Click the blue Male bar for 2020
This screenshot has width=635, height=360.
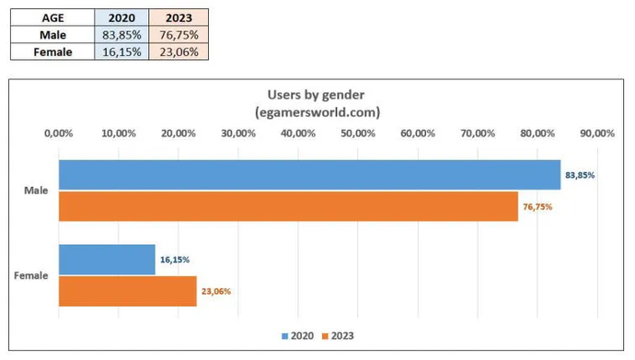pos(309,175)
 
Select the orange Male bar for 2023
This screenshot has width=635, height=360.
pos(288,206)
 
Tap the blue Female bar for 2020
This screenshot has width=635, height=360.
pos(107,260)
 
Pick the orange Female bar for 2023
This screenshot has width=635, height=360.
pos(128,291)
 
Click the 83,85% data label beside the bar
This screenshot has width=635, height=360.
pos(580,175)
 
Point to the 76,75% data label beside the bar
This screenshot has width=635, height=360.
pos(537,207)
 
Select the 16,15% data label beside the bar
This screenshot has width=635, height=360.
pos(175,260)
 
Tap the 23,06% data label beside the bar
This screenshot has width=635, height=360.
pos(216,292)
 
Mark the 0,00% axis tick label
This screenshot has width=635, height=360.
pos(59,134)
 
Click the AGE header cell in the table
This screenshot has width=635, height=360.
pos(52,17)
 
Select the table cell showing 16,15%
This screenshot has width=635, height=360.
pos(122,52)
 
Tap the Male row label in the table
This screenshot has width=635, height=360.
pos(52,35)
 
